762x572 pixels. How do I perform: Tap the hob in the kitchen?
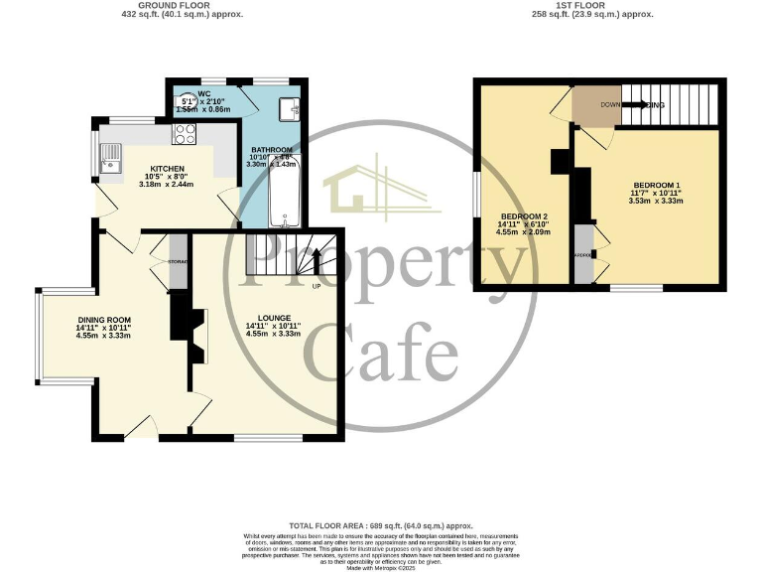(186, 133)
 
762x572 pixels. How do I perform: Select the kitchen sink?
(110, 157)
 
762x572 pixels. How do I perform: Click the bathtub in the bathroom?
(284, 193)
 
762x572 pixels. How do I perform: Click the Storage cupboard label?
(178, 261)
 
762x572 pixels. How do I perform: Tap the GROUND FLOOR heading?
(182, 6)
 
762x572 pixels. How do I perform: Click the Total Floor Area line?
(381, 524)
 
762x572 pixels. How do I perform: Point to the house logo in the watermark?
(380, 188)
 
